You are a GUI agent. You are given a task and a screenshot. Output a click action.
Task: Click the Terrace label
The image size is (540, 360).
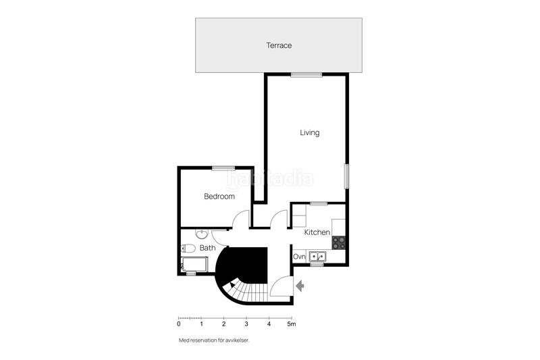click(279, 45)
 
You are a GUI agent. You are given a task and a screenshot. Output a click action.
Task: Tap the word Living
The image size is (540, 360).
click(309, 133)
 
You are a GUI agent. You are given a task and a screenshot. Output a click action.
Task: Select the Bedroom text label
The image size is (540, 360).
click(219, 197)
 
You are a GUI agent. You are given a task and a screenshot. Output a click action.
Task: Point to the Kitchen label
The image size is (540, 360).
click(317, 232)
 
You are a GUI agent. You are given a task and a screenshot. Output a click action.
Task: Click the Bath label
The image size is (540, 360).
click(208, 248)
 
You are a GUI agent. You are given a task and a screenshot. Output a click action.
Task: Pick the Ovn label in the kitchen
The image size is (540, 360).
click(300, 257)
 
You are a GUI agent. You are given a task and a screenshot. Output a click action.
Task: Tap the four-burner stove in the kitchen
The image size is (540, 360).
click(339, 239)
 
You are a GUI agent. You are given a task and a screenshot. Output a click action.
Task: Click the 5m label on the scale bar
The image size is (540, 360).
click(292, 325)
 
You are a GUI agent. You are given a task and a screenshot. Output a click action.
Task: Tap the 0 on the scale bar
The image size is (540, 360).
click(178, 325)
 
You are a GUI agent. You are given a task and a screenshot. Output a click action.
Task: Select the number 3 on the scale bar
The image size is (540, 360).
click(246, 325)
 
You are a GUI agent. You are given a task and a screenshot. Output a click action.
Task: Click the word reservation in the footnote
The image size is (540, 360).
click(206, 340)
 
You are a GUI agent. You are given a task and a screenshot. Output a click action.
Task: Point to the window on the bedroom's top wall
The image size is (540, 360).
click(222, 168)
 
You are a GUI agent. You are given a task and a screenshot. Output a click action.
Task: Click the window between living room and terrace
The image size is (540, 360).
click(305, 74)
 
